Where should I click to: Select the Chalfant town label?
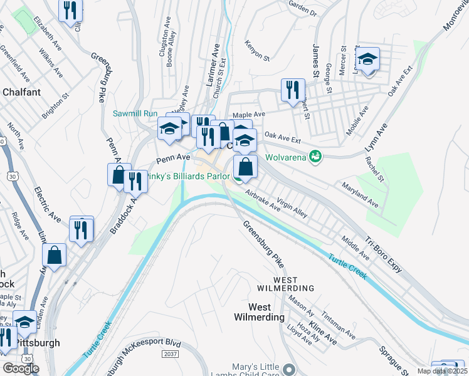[21, 92]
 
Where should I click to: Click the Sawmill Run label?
[134, 113]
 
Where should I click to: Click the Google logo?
[21, 368]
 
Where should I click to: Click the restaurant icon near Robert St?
[291, 90]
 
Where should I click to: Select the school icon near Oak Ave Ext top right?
[367, 59]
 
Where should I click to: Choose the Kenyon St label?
[257, 51]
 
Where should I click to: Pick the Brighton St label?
[55, 107]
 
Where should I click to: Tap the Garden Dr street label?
[303, 8]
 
